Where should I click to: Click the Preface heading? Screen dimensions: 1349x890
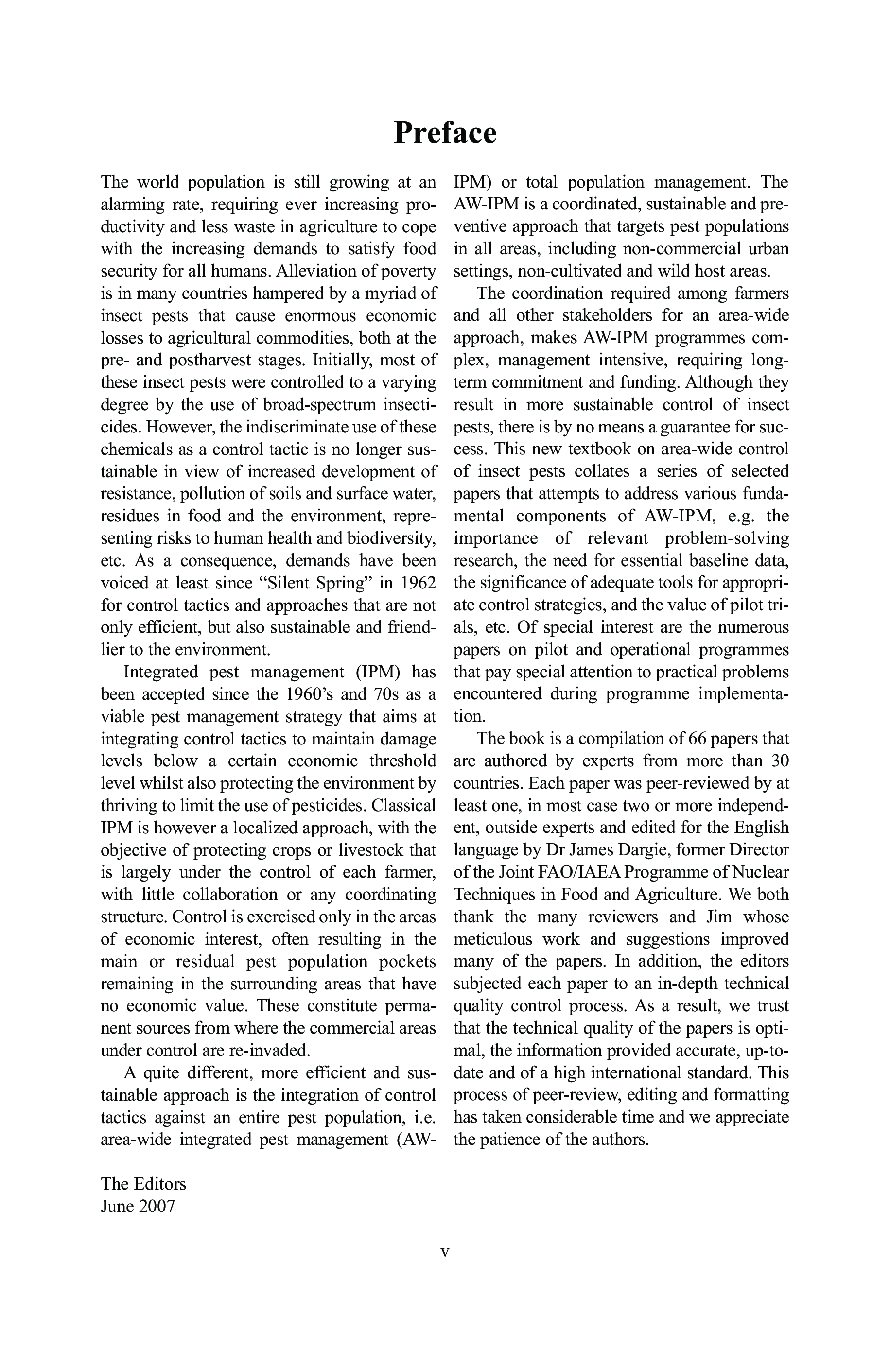[x=445, y=133]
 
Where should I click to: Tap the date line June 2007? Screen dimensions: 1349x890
[x=138, y=1206]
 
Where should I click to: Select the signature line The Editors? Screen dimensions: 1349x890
[x=143, y=1183]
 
